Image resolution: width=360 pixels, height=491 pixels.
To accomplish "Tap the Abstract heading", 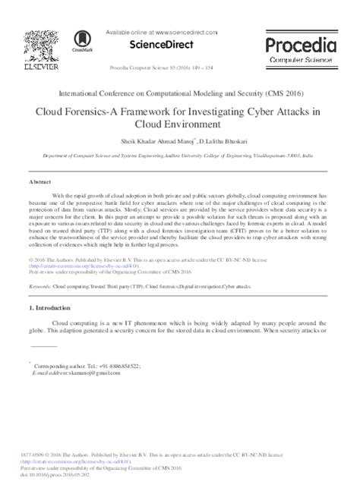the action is point(39,183).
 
